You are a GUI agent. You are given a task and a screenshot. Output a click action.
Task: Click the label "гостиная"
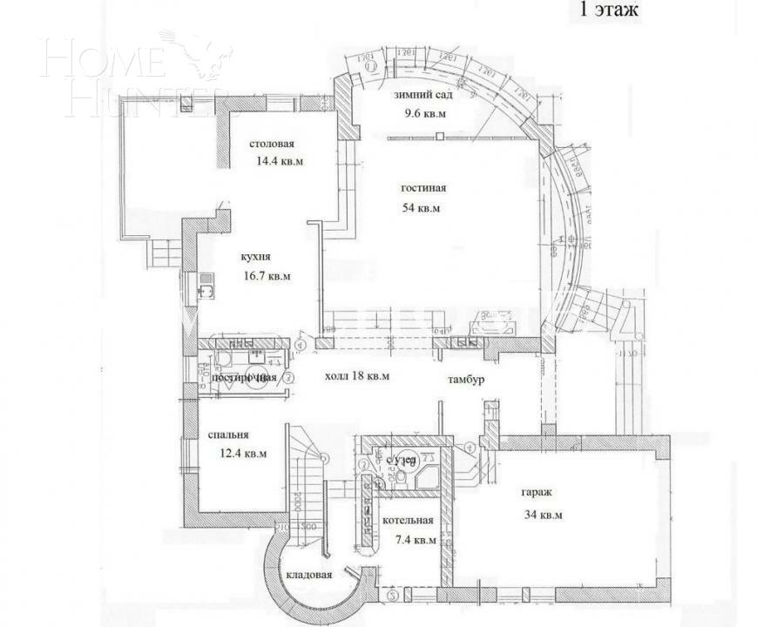[x=423, y=188]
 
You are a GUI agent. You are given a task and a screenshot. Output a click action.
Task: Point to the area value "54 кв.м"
[x=421, y=208]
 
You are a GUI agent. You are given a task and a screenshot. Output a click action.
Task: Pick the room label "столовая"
[x=271, y=145]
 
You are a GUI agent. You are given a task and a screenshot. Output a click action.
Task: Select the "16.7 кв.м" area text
[x=266, y=276]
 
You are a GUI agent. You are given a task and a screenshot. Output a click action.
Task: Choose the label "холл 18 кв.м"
[x=356, y=376]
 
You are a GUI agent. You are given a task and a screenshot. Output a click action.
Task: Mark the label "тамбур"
[x=466, y=381]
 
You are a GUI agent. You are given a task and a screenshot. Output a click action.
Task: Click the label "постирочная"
[x=244, y=378]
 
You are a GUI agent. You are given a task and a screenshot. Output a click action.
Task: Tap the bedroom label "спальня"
[x=229, y=435]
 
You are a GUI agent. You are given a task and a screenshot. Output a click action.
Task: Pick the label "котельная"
[x=408, y=521]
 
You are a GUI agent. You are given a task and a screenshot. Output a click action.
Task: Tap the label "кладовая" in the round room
[x=309, y=576]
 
